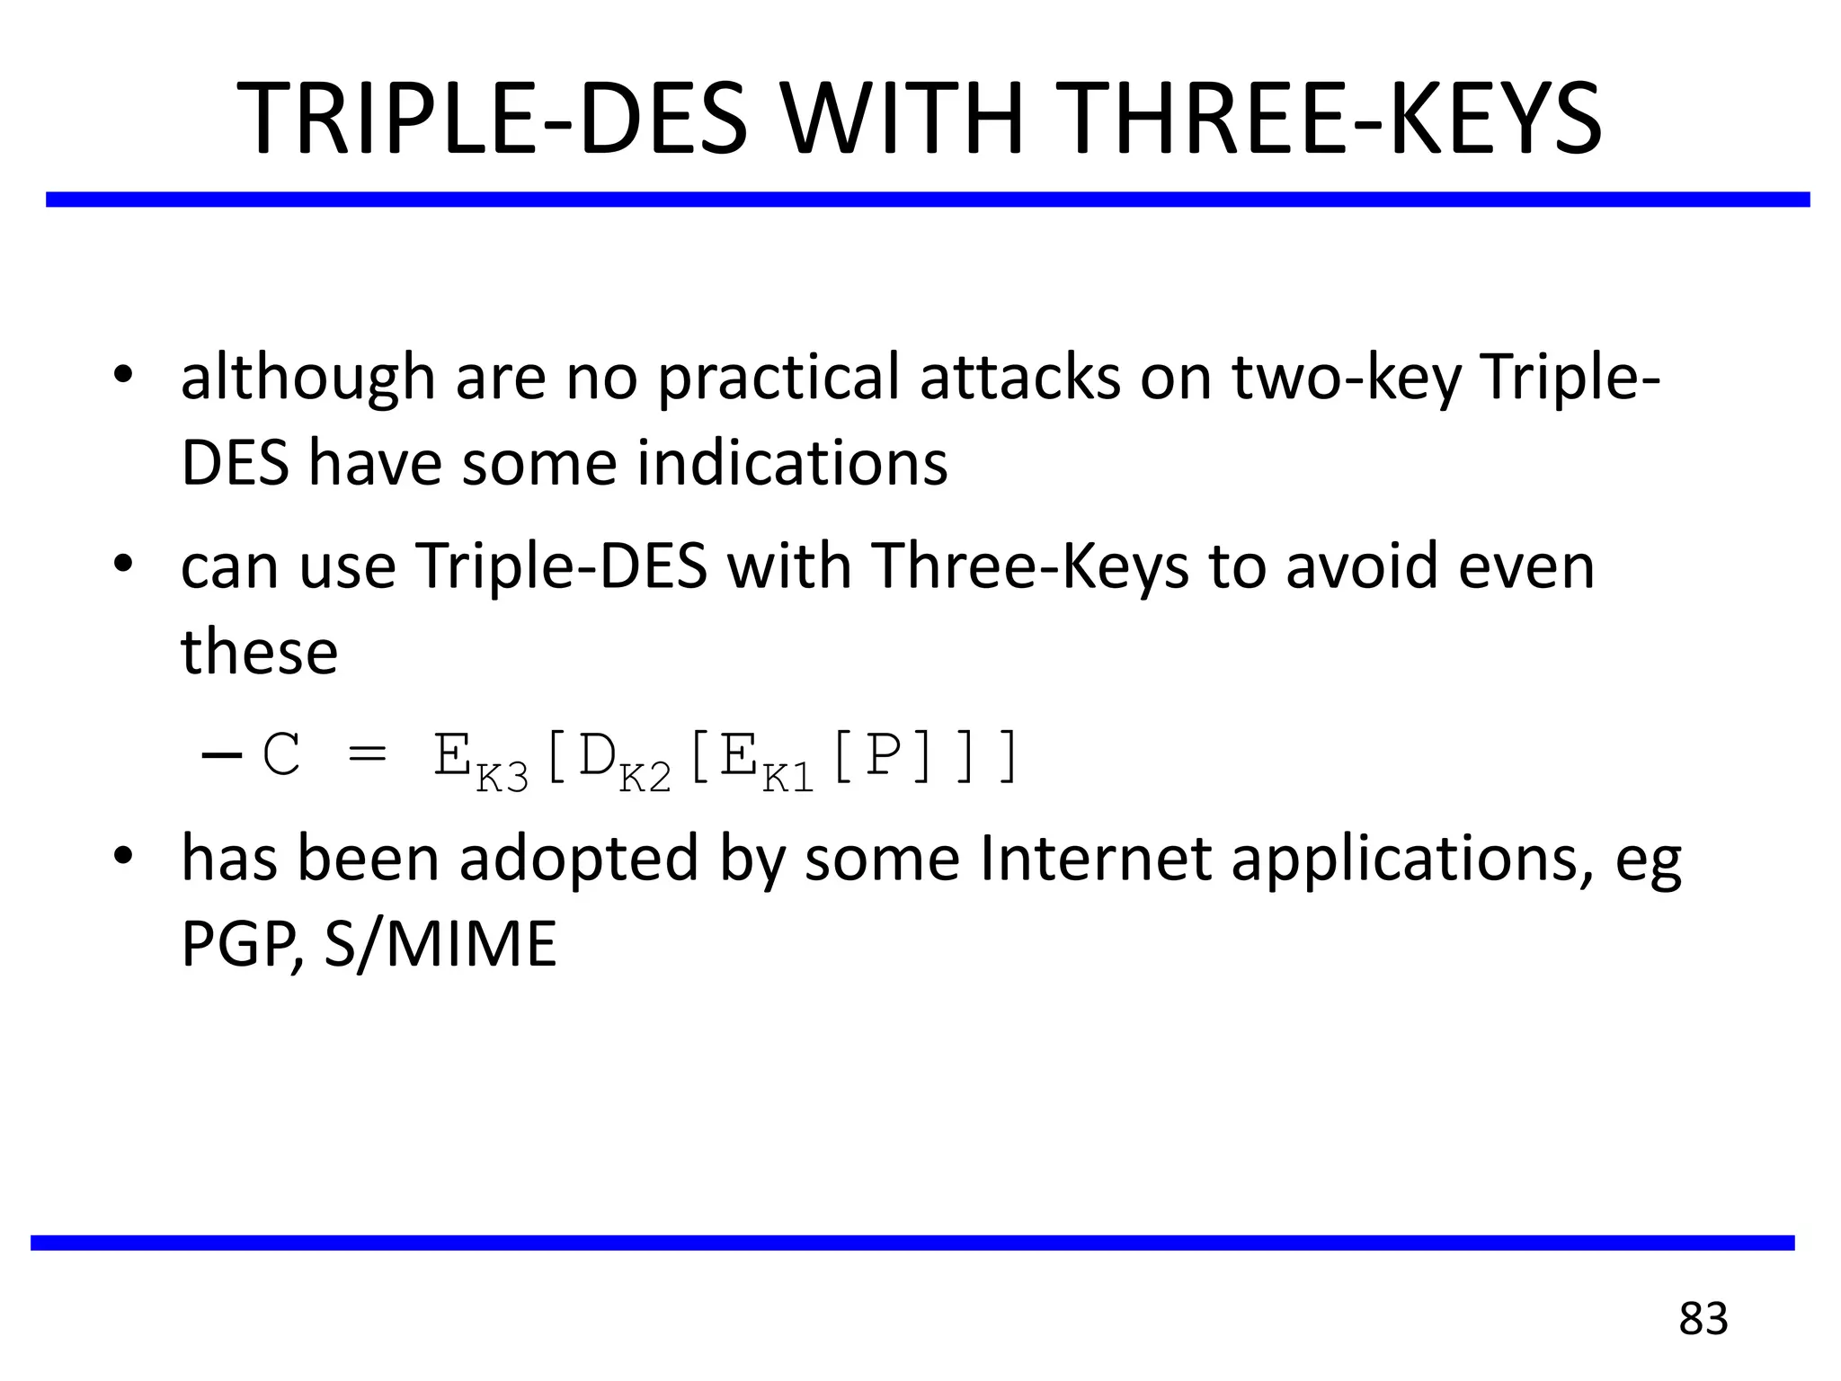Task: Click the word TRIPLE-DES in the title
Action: coord(492,120)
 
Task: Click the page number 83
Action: coord(1703,1319)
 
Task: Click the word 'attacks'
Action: coord(1019,378)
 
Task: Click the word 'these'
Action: coord(260,653)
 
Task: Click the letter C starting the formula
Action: coord(281,755)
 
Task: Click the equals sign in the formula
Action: coord(367,755)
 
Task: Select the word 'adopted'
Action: coord(578,859)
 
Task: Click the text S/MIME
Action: coord(440,945)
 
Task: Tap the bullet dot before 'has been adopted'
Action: coord(123,855)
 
